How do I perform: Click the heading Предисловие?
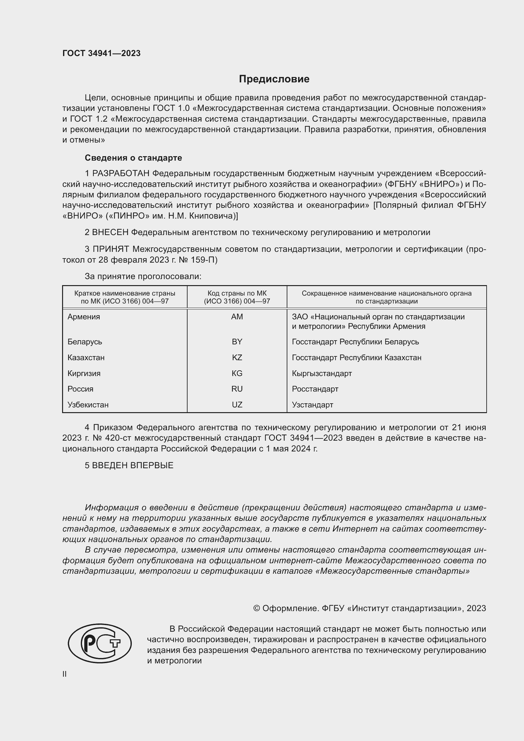[x=274, y=79]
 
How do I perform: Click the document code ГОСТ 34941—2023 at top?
[x=101, y=53]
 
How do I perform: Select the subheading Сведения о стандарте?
[x=133, y=158]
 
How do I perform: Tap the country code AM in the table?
[x=237, y=316]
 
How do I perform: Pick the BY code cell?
[x=237, y=342]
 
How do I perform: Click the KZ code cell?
[x=237, y=357]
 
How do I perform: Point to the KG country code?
[x=237, y=373]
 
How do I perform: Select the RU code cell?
[x=237, y=389]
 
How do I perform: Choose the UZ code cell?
[x=237, y=404]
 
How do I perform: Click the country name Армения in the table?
[x=84, y=316]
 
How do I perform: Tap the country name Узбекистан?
[x=88, y=404]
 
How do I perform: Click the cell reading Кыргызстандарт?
[x=321, y=373]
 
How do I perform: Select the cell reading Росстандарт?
[x=315, y=389]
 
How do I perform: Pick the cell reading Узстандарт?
[x=312, y=404]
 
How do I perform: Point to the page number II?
[x=65, y=674]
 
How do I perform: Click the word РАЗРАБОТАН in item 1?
[x=121, y=174]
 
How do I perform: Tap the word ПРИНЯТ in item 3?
[x=111, y=249]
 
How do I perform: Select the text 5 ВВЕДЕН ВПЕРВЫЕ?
[x=129, y=465]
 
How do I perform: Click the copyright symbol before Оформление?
[x=257, y=608]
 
